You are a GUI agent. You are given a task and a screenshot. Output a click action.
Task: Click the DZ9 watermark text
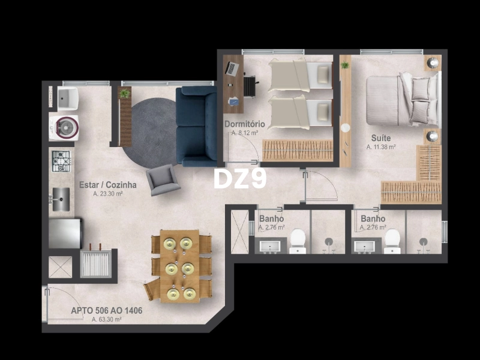click(x=240, y=178)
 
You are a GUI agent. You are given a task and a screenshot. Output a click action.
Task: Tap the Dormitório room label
click(x=244, y=124)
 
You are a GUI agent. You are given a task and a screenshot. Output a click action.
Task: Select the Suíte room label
click(x=380, y=138)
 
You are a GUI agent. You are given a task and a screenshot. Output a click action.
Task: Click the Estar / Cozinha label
click(x=108, y=185)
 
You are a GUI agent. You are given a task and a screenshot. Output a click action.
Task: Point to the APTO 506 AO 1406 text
click(x=107, y=311)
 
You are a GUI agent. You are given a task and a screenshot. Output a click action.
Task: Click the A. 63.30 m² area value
click(x=107, y=320)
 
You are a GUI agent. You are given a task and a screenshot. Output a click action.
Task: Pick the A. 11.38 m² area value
click(x=381, y=146)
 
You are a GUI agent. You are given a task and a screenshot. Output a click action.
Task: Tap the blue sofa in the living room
click(x=196, y=126)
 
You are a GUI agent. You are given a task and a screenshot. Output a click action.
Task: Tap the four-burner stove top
click(x=61, y=161)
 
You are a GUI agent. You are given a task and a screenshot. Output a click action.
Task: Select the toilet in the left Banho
click(x=298, y=241)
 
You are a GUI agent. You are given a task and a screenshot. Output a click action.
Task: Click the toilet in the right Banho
click(x=392, y=241)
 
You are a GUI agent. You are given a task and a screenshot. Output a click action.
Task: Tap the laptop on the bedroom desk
click(x=232, y=68)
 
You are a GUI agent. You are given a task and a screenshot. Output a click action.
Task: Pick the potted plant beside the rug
click(x=125, y=94)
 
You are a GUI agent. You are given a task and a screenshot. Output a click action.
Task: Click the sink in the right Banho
click(x=365, y=246)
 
